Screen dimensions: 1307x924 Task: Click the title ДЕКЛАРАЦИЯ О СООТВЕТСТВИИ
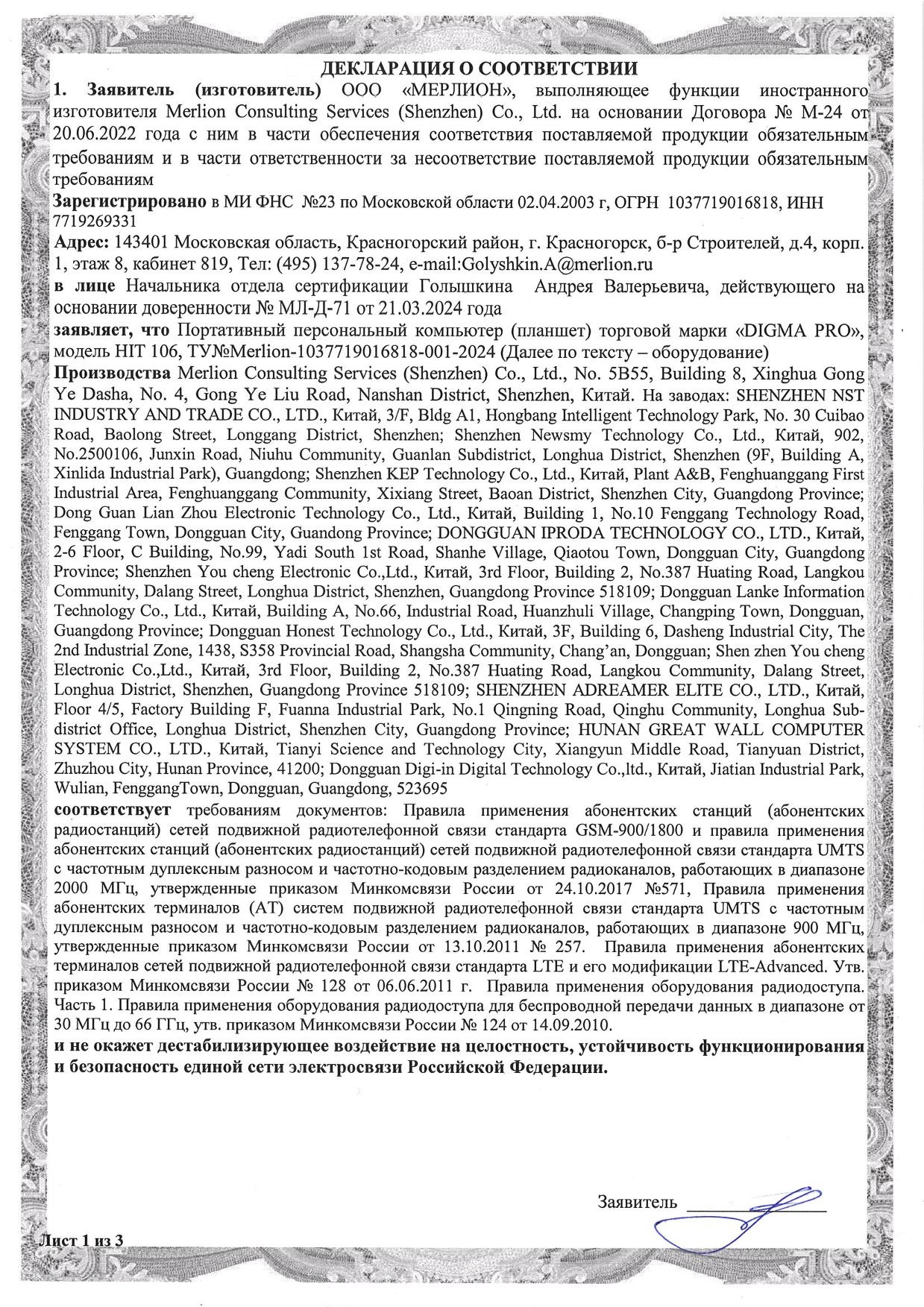[479, 69]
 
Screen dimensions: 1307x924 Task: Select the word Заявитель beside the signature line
[637, 1201]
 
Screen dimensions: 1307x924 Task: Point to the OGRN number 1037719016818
[718, 202]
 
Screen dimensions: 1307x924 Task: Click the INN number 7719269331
[95, 221]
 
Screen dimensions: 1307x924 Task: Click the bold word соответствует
[113, 810]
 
